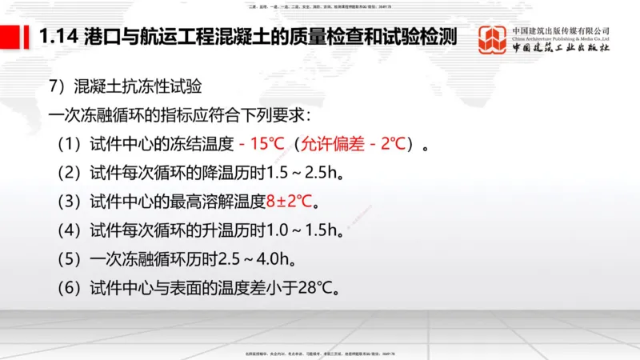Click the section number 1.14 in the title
(56, 37)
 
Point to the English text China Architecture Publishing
(561, 38)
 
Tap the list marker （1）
(67, 145)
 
